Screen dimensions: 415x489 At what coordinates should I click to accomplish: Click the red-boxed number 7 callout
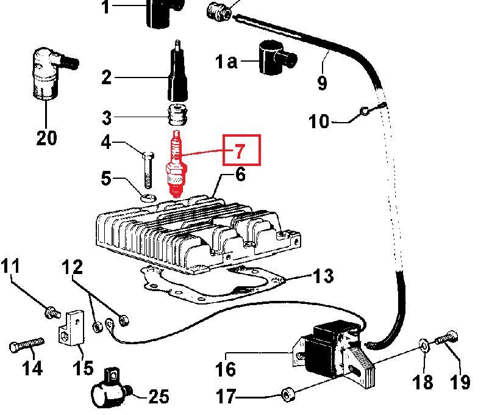(x=240, y=150)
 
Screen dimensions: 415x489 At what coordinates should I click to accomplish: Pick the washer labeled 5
(x=146, y=197)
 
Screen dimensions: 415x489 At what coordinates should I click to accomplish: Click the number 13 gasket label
(x=323, y=276)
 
